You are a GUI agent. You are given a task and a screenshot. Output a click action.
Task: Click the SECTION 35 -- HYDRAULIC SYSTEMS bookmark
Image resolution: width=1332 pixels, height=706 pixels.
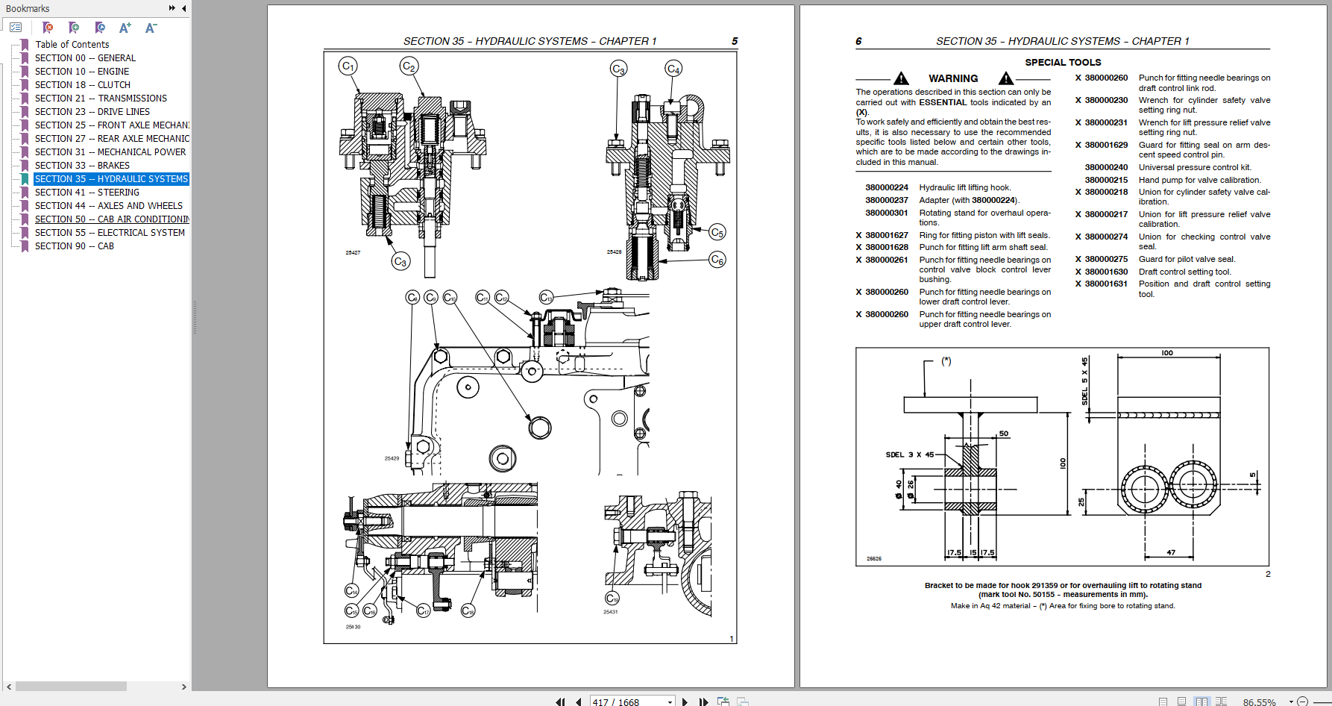point(111,179)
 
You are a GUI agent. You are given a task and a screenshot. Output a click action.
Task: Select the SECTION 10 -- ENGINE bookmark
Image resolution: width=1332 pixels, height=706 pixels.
point(81,72)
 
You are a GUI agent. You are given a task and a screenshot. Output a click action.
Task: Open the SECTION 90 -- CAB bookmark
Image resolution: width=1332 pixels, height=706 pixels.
point(74,246)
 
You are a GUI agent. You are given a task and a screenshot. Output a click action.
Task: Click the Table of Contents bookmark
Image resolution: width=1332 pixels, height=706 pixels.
point(72,45)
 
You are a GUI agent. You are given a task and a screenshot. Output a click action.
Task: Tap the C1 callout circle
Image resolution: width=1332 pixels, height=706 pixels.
point(348,66)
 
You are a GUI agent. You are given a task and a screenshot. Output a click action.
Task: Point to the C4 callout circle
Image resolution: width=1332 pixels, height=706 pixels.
point(673,69)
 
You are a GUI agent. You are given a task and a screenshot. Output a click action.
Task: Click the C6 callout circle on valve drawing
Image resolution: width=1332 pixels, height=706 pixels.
point(717,260)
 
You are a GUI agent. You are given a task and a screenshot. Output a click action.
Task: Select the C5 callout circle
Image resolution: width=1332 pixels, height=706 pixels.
point(717,232)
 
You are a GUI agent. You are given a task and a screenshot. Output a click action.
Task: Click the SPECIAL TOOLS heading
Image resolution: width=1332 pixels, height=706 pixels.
point(1062,63)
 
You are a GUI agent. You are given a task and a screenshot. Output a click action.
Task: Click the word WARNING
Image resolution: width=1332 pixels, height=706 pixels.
point(952,78)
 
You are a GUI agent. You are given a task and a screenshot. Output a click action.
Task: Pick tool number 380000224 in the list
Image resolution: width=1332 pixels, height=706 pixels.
point(886,188)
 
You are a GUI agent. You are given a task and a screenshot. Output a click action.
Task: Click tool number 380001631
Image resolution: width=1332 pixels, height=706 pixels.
point(1105,284)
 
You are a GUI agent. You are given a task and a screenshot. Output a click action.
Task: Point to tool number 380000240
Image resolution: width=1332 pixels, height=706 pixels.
point(1105,168)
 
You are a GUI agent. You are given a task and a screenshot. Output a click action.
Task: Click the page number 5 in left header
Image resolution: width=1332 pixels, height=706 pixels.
point(735,42)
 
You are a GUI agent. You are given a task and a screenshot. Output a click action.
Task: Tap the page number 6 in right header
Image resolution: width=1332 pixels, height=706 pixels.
point(858,42)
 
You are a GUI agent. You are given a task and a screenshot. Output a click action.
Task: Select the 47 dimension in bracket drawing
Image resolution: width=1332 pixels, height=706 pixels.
point(1171,553)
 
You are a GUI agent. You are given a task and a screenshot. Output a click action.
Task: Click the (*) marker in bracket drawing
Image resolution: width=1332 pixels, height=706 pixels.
point(946,361)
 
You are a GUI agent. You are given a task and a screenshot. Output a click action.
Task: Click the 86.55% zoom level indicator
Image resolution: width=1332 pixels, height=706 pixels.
point(1259,702)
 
